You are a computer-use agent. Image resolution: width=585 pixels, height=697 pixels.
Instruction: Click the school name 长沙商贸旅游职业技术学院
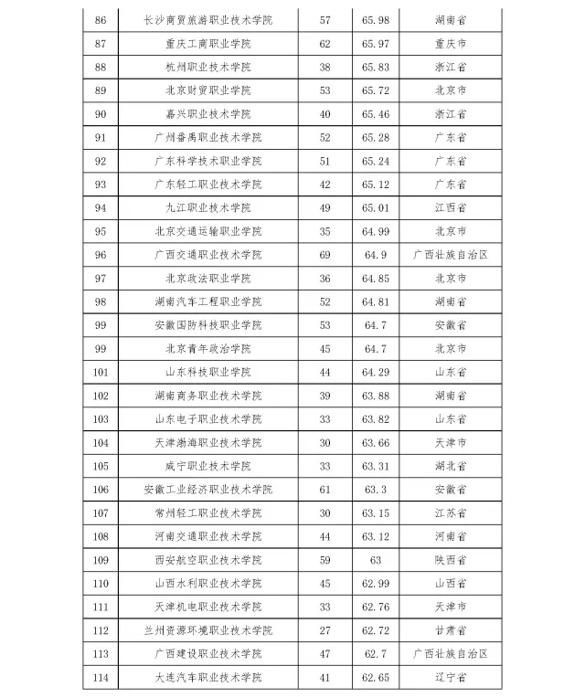[208, 20]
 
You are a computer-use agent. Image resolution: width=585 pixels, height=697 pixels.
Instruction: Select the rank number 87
[101, 44]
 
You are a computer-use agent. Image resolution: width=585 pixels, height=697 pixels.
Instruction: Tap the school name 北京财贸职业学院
[208, 90]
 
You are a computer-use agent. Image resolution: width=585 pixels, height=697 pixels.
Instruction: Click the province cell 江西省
[451, 207]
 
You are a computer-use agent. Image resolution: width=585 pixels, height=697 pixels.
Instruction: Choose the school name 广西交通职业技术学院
[208, 255]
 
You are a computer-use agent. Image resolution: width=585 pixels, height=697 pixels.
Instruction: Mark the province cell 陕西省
[451, 559]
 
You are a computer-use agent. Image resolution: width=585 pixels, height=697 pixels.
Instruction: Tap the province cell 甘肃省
[451, 629]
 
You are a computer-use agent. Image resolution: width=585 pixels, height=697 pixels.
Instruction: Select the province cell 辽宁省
[451, 677]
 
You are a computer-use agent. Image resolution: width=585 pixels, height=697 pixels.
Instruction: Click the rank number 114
[101, 677]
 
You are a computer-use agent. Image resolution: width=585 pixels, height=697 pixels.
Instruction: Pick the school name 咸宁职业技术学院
[208, 465]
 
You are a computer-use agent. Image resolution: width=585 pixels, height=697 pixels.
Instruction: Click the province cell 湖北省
[451, 465]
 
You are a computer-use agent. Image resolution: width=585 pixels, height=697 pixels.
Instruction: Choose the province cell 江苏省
[451, 512]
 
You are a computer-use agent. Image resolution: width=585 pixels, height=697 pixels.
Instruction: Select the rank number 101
[101, 372]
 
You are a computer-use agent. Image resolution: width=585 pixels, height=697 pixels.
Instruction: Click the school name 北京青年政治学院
[208, 348]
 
